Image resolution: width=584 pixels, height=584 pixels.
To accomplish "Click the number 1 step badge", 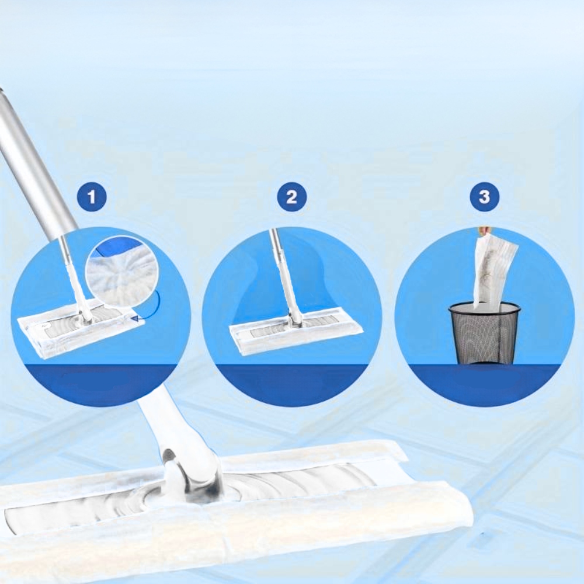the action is point(92,196).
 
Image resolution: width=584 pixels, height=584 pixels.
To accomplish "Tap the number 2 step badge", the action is point(291,196).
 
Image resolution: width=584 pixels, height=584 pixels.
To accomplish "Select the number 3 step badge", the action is point(484,196).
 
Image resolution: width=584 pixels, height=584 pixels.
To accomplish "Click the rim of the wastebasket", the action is point(484,308).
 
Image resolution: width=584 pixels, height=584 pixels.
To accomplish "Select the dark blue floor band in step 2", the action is point(291,384).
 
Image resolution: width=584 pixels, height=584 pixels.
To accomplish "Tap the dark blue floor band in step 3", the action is point(484,384).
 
